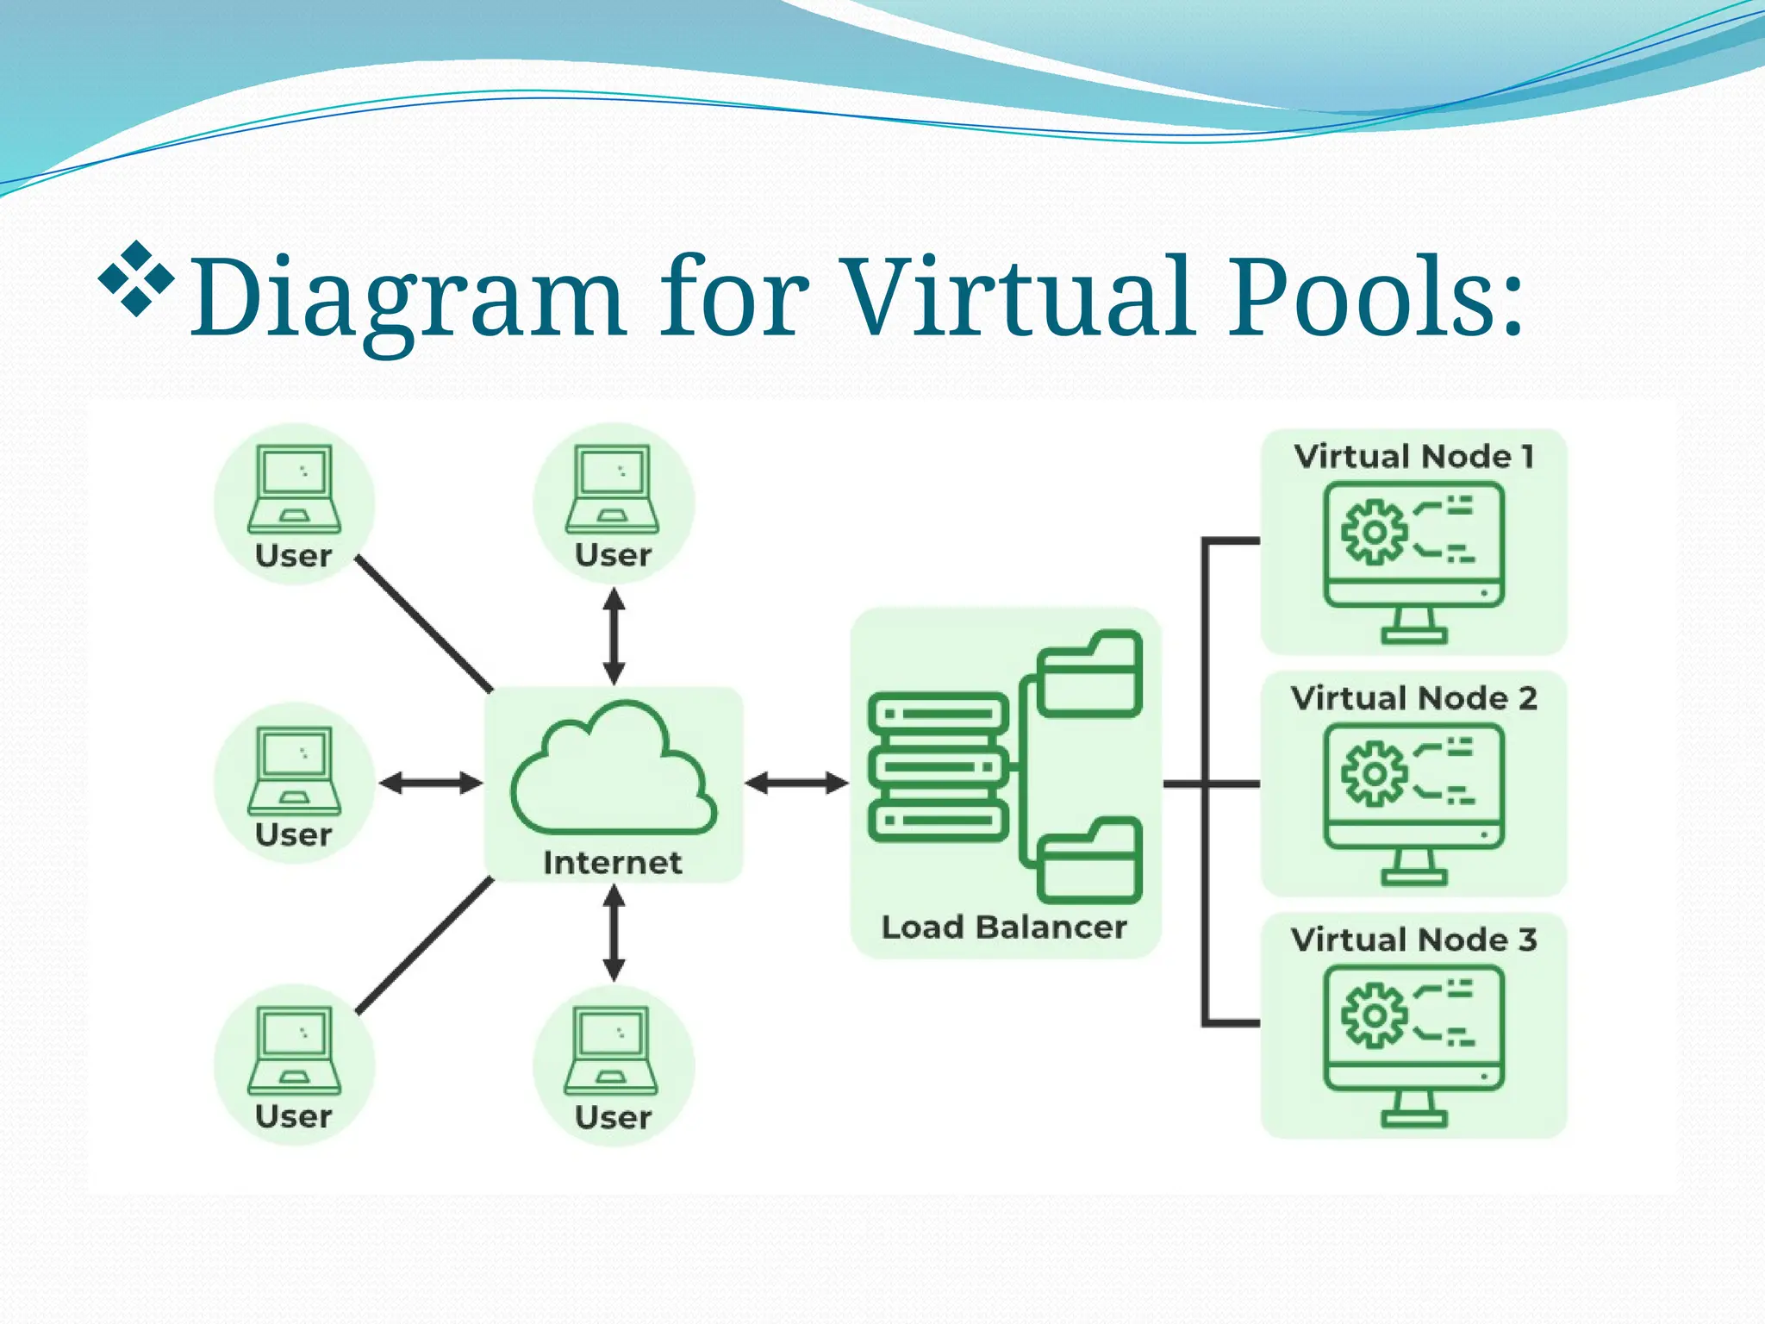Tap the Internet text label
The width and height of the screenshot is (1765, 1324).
tap(612, 863)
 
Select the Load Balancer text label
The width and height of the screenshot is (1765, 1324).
tap(1004, 927)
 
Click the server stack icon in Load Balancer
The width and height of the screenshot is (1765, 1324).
tap(939, 766)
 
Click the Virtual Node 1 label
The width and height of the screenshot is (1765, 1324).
tap(1413, 456)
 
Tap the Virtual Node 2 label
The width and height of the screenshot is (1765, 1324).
tap(1413, 698)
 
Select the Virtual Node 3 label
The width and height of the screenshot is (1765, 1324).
tap(1413, 940)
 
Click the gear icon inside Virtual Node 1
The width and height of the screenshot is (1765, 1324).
tap(1374, 531)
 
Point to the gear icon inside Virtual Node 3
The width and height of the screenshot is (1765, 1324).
tap(1374, 1015)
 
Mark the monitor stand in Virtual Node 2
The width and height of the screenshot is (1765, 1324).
tap(1414, 868)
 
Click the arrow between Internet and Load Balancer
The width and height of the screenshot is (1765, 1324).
tap(796, 783)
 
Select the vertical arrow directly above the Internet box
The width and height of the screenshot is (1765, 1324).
tap(614, 636)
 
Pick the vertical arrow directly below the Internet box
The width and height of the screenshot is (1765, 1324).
tap(614, 934)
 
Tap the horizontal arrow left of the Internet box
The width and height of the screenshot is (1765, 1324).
tap(430, 783)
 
